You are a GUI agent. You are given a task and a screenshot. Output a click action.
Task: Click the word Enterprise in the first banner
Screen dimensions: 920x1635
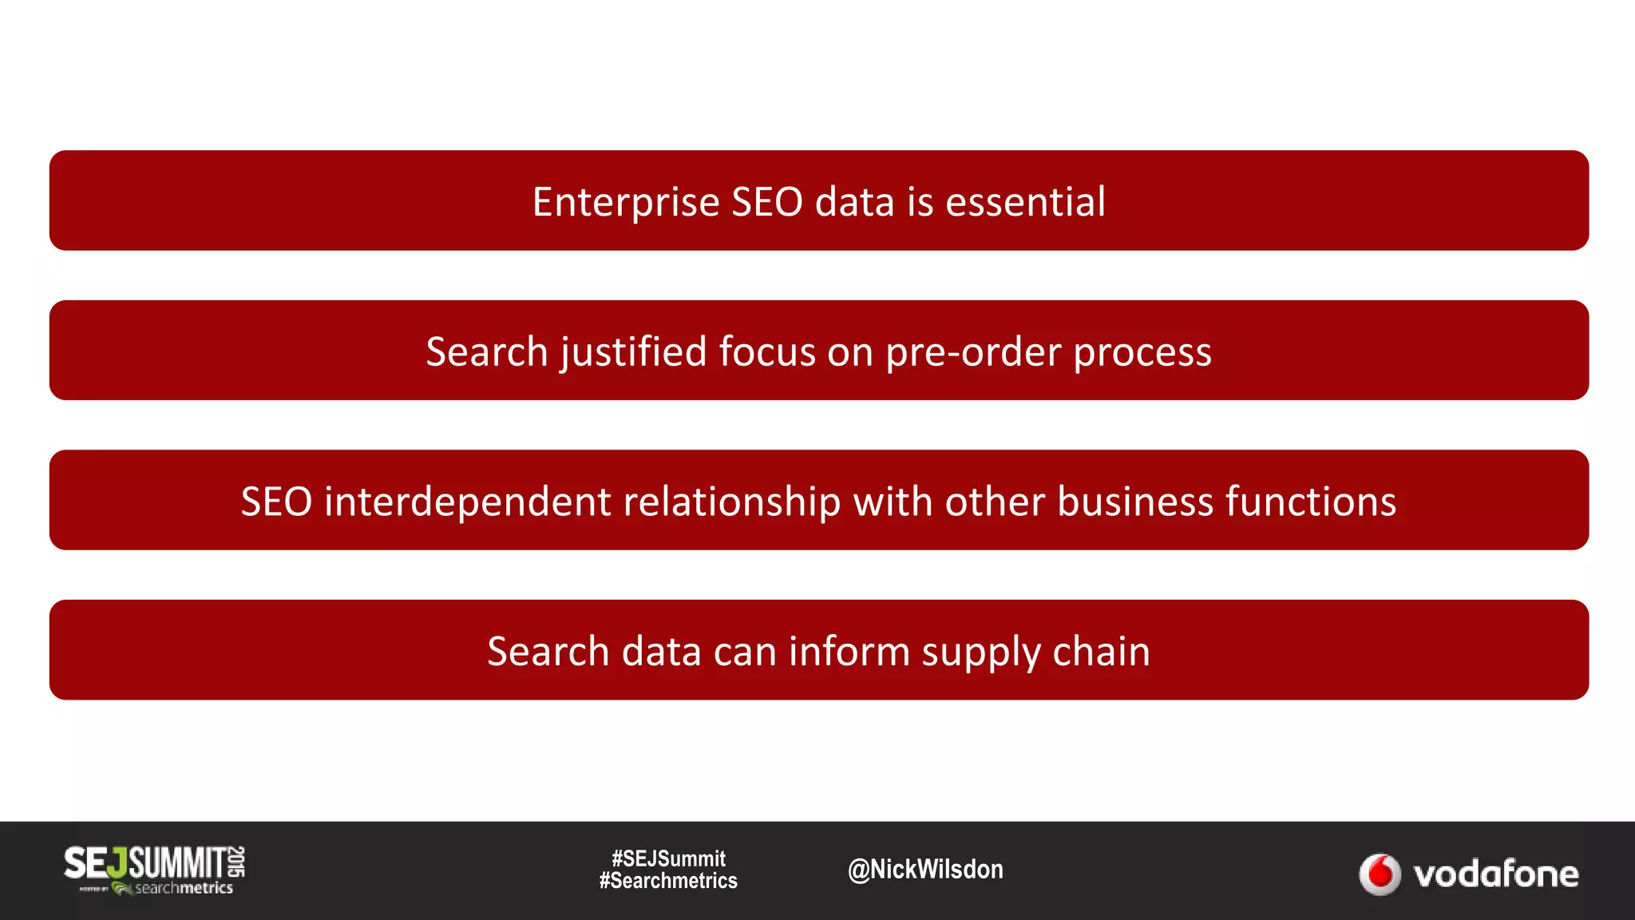pyautogui.click(x=626, y=202)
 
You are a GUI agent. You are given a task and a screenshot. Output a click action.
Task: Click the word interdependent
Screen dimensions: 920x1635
pyautogui.click(x=467, y=502)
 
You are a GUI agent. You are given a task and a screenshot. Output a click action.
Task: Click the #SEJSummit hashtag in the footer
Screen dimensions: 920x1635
pyautogui.click(x=668, y=859)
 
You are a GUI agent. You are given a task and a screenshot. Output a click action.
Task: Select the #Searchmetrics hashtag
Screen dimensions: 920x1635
pyautogui.click(x=668, y=881)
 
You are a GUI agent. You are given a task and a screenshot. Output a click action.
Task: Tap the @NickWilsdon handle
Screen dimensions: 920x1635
pyautogui.click(x=925, y=869)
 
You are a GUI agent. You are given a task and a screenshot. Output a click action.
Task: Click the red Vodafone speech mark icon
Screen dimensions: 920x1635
pyautogui.click(x=1380, y=874)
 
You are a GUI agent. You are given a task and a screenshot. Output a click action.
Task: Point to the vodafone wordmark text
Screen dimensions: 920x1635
pyautogui.click(x=1495, y=874)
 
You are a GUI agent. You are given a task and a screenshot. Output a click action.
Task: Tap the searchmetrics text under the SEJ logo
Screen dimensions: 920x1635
pyautogui.click(x=183, y=888)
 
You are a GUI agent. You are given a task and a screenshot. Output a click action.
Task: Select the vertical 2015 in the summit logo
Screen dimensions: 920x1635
pyautogui.click(x=236, y=862)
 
